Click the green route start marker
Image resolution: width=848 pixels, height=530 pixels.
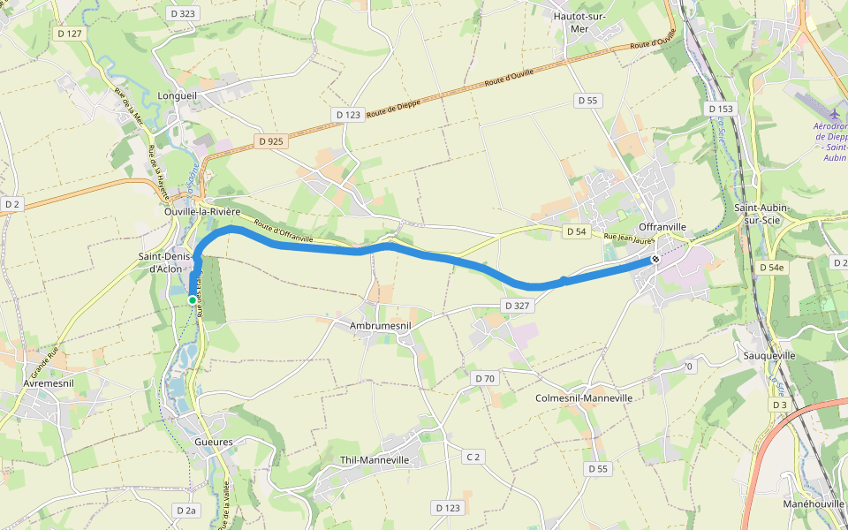[x=192, y=300]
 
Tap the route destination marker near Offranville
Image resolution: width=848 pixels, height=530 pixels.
[x=655, y=260]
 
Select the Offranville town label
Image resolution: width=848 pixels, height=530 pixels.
[x=662, y=227]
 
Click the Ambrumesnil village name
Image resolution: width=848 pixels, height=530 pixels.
[x=375, y=325]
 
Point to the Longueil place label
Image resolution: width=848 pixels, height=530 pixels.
[x=177, y=95]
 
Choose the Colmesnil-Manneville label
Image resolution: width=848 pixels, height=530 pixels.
[x=584, y=398]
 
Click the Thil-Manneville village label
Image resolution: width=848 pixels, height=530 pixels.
[x=375, y=460]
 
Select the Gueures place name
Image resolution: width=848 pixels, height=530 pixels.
[x=214, y=442]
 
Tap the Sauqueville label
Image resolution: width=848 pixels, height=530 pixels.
[x=769, y=356]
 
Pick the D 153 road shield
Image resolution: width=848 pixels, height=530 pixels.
[x=721, y=109]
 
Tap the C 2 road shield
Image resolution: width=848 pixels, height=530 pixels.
[x=474, y=457]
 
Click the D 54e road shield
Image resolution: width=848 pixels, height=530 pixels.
[x=771, y=267]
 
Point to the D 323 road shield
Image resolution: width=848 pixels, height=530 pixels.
[x=182, y=13]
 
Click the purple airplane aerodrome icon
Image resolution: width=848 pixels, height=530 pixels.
[x=835, y=114]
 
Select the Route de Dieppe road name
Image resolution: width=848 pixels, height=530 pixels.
[x=394, y=108]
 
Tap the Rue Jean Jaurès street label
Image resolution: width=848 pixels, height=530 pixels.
[x=629, y=237]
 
